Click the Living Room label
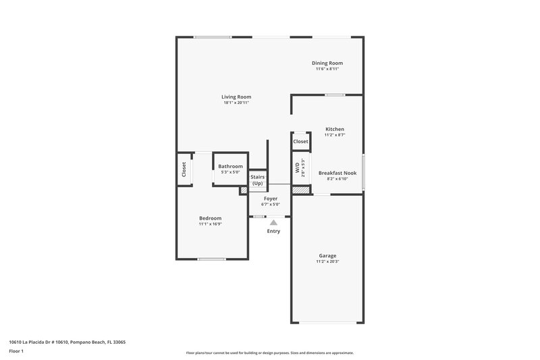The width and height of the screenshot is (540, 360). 236,97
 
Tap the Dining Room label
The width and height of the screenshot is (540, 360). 327,63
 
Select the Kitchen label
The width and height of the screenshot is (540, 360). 335,129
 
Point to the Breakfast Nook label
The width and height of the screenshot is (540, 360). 337,173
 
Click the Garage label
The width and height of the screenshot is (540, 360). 327,255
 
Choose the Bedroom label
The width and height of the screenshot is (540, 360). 210,217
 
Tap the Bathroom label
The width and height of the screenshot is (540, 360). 230,166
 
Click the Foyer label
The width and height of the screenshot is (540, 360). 271,199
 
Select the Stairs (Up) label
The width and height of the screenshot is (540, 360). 257,180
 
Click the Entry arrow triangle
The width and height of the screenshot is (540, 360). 273,222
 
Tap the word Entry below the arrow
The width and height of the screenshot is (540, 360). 273,231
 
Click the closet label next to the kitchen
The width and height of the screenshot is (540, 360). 300,142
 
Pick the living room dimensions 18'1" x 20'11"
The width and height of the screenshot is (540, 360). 236,103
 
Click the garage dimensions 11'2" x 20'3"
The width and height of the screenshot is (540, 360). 327,261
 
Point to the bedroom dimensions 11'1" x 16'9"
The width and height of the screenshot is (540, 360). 210,224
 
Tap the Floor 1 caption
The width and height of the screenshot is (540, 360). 16,351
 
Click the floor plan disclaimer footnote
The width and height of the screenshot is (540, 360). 269,353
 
